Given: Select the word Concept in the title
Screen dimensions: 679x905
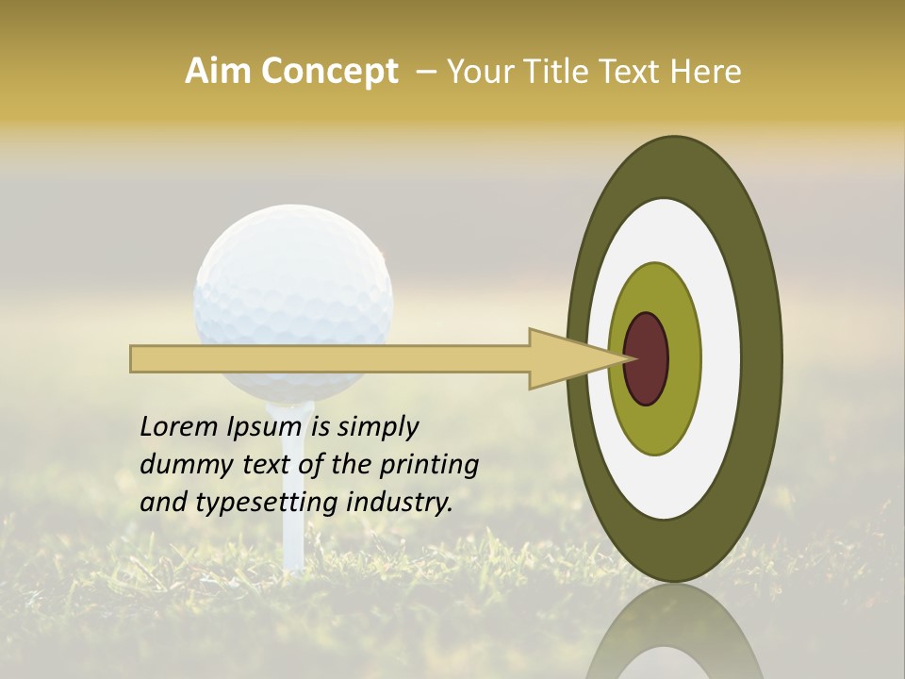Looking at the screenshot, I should (x=329, y=72).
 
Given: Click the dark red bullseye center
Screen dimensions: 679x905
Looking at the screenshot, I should (x=647, y=359).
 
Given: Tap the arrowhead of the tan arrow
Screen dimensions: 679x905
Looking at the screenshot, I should (x=566, y=359).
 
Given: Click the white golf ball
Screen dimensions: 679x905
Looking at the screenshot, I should (x=292, y=283).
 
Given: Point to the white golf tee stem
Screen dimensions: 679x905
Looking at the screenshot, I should (x=294, y=509).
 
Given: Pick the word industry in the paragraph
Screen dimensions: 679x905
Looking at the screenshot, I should (x=400, y=503).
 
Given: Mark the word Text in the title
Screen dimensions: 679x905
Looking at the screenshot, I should (x=625, y=72).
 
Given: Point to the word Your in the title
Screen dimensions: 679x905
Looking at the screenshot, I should (x=477, y=72).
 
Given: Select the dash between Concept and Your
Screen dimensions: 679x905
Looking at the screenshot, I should (x=425, y=72).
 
